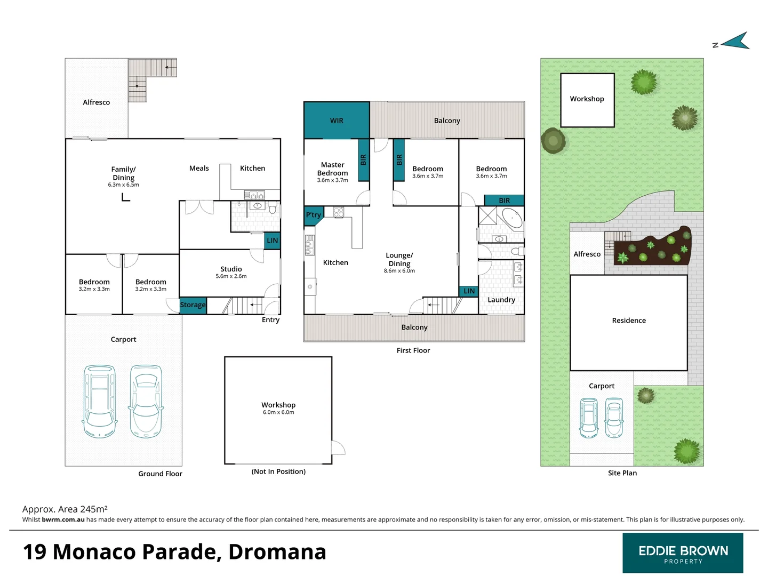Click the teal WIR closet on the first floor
click(x=337, y=121)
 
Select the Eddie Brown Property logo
click(x=683, y=553)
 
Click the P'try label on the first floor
click(x=314, y=215)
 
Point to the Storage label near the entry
click(x=193, y=305)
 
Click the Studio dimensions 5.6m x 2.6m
click(x=231, y=276)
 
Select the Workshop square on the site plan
click(x=587, y=100)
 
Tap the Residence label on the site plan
click(x=629, y=321)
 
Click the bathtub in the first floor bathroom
click(x=512, y=218)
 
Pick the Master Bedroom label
click(x=332, y=169)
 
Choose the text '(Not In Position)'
click(x=278, y=471)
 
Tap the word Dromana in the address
click(x=277, y=552)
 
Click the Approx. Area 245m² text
click(x=65, y=509)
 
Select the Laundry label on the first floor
click(x=501, y=300)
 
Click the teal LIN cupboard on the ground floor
click(x=273, y=241)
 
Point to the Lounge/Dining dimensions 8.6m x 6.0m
click(x=399, y=271)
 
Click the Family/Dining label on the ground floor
click(x=123, y=173)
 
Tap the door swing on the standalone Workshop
click(x=338, y=448)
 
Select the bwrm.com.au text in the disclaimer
click(x=63, y=519)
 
